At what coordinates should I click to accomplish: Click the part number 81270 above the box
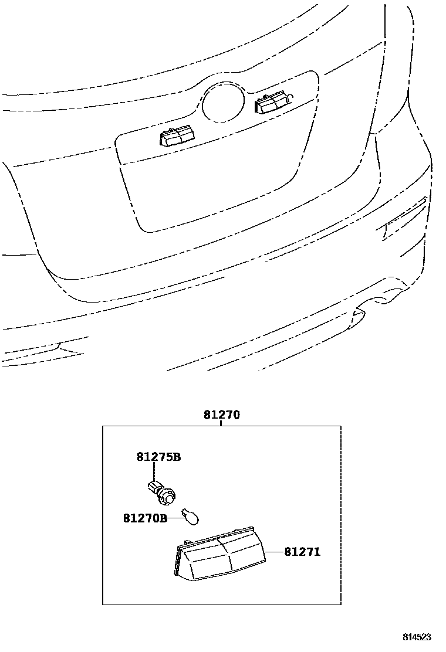click(x=222, y=415)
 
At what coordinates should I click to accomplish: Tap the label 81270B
click(x=145, y=518)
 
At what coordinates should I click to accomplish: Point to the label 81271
click(x=303, y=552)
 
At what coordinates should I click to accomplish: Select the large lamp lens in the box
click(x=222, y=557)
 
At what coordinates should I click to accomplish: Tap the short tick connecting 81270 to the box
click(x=221, y=423)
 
